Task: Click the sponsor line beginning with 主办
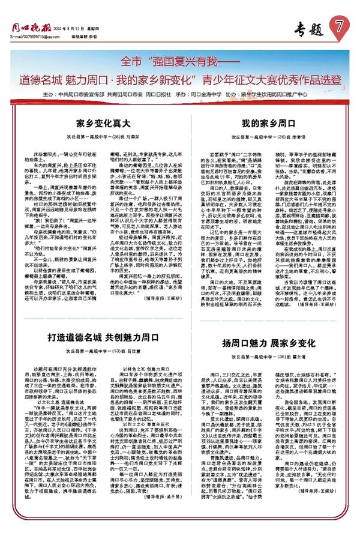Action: pyautogui.click(x=179, y=94)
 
